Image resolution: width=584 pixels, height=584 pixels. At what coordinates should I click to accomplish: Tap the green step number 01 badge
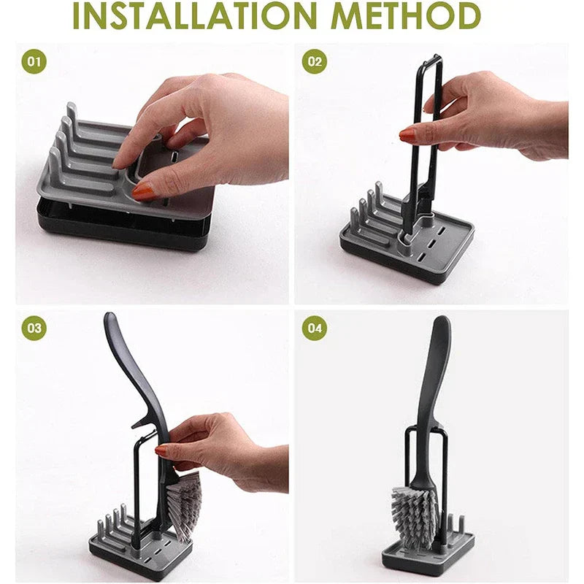coord(34,61)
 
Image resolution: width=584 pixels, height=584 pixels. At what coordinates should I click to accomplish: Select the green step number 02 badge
coord(315,61)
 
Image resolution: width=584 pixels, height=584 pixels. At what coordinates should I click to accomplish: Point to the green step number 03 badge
coord(34,328)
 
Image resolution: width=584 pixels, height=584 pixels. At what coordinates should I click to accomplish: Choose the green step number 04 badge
coord(315,328)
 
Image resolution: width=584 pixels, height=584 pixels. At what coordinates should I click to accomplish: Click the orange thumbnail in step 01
coord(143,191)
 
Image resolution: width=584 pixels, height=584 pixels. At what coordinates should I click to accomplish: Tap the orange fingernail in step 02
coord(407,135)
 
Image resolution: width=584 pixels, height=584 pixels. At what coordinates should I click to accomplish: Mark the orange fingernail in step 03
coord(161,450)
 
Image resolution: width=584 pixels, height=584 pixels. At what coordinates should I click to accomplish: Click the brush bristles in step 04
coord(414,518)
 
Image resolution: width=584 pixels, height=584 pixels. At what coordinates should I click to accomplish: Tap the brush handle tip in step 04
coord(442,320)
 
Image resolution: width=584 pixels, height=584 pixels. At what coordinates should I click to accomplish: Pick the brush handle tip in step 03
coord(110,317)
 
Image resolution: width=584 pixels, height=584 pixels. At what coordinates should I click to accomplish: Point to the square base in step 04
coord(429,555)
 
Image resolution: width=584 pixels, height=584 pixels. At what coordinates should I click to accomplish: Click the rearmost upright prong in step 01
coord(72,111)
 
